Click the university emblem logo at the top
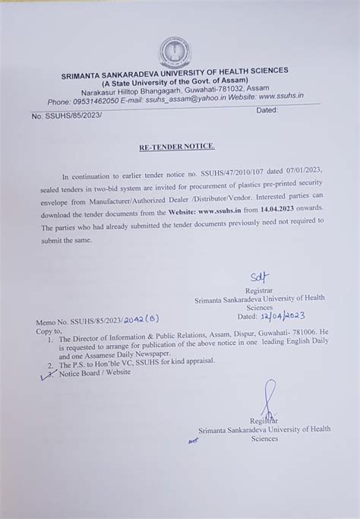click(175, 52)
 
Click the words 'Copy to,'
click(46, 332)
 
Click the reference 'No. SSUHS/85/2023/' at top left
click(67, 116)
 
